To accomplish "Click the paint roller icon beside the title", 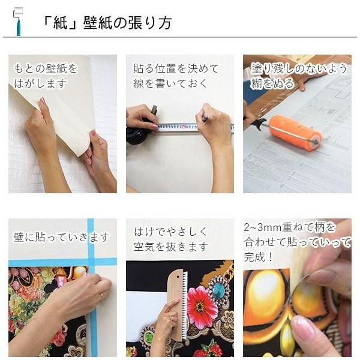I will click(x=16, y=22).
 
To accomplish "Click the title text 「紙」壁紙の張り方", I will click(x=107, y=23).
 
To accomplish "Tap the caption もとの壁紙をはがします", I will click(x=45, y=76).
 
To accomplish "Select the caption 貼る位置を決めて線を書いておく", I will click(x=175, y=76).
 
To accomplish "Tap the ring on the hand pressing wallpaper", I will click(x=100, y=295).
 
